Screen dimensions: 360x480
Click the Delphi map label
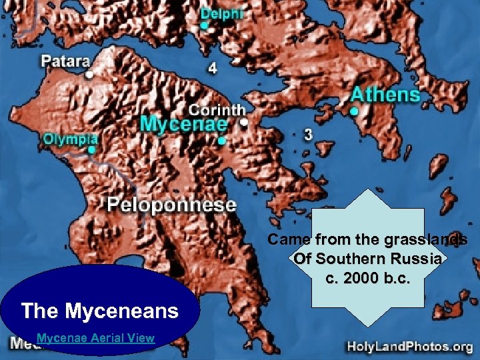pos(222,13)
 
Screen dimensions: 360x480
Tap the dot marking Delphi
pos(204,26)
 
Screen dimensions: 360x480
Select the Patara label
pos(66,61)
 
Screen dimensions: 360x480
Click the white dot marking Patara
pos(89,74)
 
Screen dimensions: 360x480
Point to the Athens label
pos(386,95)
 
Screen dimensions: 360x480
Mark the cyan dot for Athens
pos(355,111)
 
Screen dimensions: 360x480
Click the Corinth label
pos(217,109)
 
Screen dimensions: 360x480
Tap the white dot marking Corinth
pos(244,123)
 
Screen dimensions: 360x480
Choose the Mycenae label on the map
pos(184,125)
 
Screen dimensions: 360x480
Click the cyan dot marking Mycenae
pos(221,141)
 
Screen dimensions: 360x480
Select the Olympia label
pos(71,139)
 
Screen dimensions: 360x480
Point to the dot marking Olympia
pos(91,150)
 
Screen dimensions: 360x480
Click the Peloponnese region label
pos(172,204)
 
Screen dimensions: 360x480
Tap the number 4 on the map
pos(212,68)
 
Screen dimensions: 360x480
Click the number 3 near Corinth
pos(307,135)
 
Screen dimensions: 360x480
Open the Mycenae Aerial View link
pos(95,338)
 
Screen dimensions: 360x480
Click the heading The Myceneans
pos(100,311)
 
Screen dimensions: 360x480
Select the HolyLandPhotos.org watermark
pos(409,346)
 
